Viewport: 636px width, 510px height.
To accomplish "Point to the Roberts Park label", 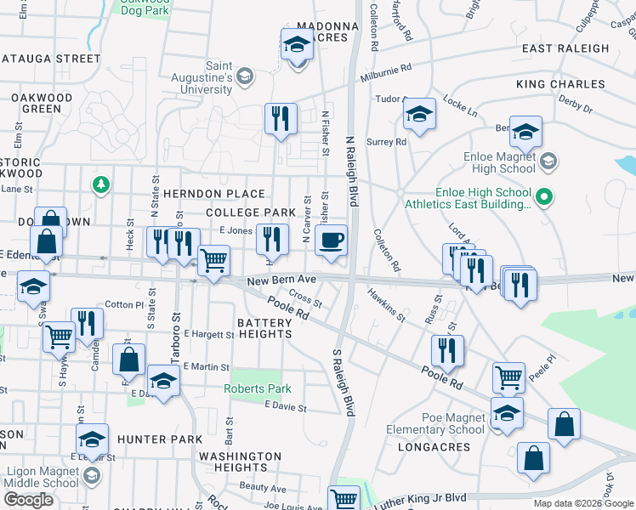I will pos(257,388).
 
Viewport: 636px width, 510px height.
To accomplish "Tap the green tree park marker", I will pos(100,184).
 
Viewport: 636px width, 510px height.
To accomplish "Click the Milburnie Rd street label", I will pos(385,67).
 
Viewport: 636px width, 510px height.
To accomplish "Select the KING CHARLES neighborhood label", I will pos(560,84).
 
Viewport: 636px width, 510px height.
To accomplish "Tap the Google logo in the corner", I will pos(28,499).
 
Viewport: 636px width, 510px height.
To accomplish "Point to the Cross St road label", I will pos(305,298).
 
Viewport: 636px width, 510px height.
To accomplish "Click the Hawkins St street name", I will pos(386,303).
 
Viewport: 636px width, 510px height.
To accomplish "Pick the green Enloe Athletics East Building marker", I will pos(544,198).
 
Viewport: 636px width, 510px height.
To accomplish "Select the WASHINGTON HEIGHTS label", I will pos(240,462).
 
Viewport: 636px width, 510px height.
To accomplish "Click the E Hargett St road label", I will pos(207,335).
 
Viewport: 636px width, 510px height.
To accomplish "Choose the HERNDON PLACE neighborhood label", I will pos(224,194).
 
